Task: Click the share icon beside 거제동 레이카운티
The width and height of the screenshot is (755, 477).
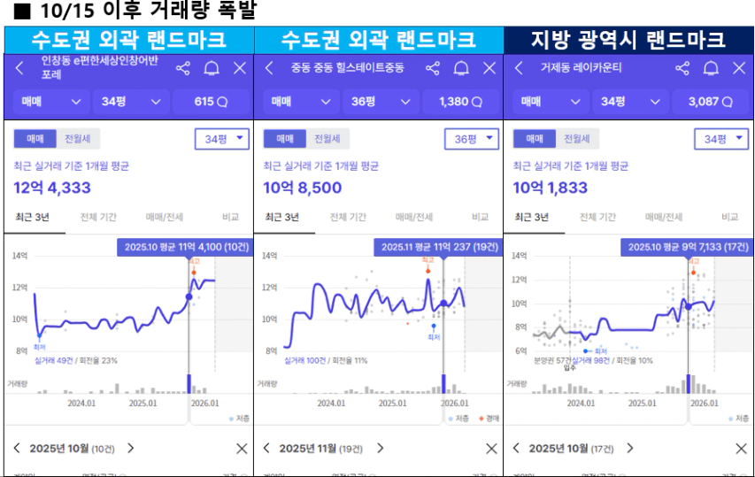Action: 682,68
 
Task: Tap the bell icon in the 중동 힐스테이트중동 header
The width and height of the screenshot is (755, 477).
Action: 461,68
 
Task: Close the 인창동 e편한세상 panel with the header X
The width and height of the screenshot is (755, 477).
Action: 240,68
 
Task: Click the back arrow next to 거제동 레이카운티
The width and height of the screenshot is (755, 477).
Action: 519,68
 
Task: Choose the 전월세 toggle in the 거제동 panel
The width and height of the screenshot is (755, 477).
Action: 577,139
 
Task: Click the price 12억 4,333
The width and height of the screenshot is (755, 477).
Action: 52,188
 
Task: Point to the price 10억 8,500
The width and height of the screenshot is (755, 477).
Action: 302,188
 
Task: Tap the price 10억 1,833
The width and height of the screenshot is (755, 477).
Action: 551,188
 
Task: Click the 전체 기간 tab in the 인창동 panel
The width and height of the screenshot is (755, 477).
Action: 99,217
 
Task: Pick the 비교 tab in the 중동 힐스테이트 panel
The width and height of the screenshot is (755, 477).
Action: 480,217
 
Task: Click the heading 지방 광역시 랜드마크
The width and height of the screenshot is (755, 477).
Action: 628,40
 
